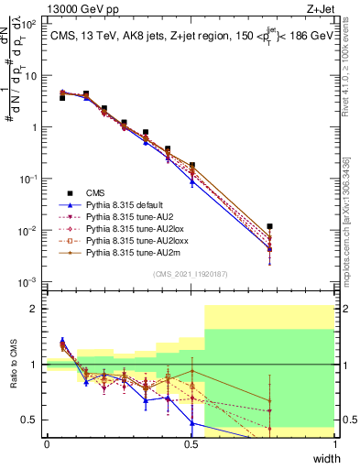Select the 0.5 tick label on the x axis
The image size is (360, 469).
click(191, 444)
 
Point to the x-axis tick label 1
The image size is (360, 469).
click(335, 444)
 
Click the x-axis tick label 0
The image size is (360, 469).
click(47, 444)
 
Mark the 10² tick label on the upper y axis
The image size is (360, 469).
click(30, 25)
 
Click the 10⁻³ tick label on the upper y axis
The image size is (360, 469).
click(29, 281)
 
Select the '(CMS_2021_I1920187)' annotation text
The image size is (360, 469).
click(191, 274)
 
